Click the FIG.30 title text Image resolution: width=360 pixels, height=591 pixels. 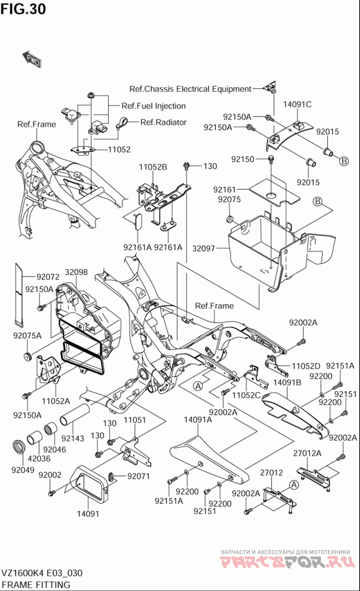pyautogui.click(x=23, y=9)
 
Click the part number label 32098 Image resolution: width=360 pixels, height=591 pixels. pyautogui.click(x=76, y=273)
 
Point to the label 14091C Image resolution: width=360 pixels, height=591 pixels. pyautogui.click(x=297, y=105)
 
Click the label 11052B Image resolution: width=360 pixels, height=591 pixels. pyautogui.click(x=153, y=167)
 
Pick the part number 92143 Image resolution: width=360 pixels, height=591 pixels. pyautogui.click(x=73, y=438)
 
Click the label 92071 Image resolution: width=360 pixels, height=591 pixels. pyautogui.click(x=138, y=476)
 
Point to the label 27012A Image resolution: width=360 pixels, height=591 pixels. pyautogui.click(x=307, y=453)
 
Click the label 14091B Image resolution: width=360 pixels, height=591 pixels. pyautogui.click(x=288, y=383)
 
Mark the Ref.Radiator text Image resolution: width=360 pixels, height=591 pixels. pyautogui.click(x=163, y=122)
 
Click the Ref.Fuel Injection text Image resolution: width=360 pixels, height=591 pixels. pyautogui.click(x=153, y=106)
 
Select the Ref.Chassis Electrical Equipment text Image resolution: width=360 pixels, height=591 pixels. pyautogui.click(x=190, y=89)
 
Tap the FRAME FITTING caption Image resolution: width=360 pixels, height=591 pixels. pyautogui.click(x=36, y=585)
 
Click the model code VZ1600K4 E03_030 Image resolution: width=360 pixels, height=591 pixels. pyautogui.click(x=42, y=573)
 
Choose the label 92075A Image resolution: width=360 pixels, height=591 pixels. pyautogui.click(x=27, y=335)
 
